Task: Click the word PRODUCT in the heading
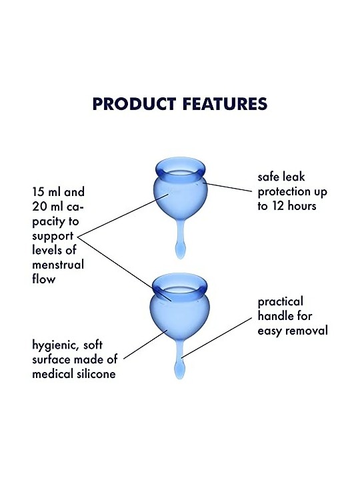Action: (134, 104)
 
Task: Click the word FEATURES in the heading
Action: (225, 104)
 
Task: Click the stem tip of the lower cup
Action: (180, 371)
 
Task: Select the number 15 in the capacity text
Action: (37, 192)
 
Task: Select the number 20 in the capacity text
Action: (39, 207)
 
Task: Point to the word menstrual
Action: (58, 265)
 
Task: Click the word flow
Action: (44, 279)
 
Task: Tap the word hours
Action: (302, 206)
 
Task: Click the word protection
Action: (293, 192)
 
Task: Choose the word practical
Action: (281, 302)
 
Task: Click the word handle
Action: (275, 315)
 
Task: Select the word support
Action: (53, 236)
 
